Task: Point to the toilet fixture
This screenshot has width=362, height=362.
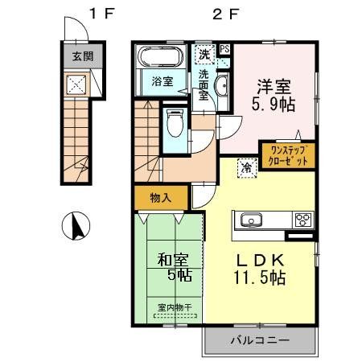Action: (x=174, y=125)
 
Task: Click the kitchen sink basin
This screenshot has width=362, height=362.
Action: (x=250, y=220)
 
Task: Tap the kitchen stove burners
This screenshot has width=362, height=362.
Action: (x=303, y=220)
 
